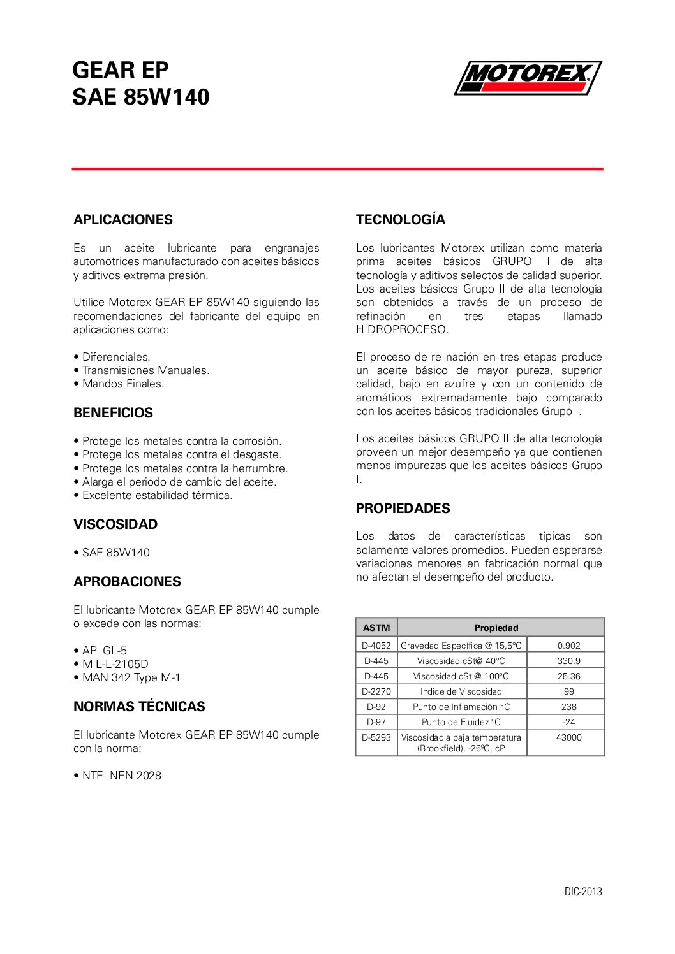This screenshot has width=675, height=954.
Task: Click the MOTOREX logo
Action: click(x=528, y=77)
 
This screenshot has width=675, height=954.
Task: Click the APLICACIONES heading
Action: click(x=122, y=220)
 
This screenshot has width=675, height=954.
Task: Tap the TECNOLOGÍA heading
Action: click(x=400, y=220)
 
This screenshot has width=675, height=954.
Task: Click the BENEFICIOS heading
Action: click(x=113, y=413)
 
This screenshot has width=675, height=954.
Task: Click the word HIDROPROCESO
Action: click(x=402, y=329)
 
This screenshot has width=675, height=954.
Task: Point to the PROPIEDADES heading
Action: click(x=403, y=509)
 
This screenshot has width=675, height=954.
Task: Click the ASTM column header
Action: click(x=376, y=628)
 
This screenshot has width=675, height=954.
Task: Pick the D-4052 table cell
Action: click(x=376, y=646)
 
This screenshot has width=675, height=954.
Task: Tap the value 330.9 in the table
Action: click(x=568, y=661)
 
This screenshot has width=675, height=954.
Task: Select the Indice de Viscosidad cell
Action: click(x=461, y=691)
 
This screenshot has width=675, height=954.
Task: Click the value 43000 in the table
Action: click(x=568, y=737)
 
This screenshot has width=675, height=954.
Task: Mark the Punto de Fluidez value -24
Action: click(x=568, y=722)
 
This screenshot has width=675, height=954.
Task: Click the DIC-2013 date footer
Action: click(x=582, y=892)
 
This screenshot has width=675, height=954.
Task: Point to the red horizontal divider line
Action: click(x=337, y=169)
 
